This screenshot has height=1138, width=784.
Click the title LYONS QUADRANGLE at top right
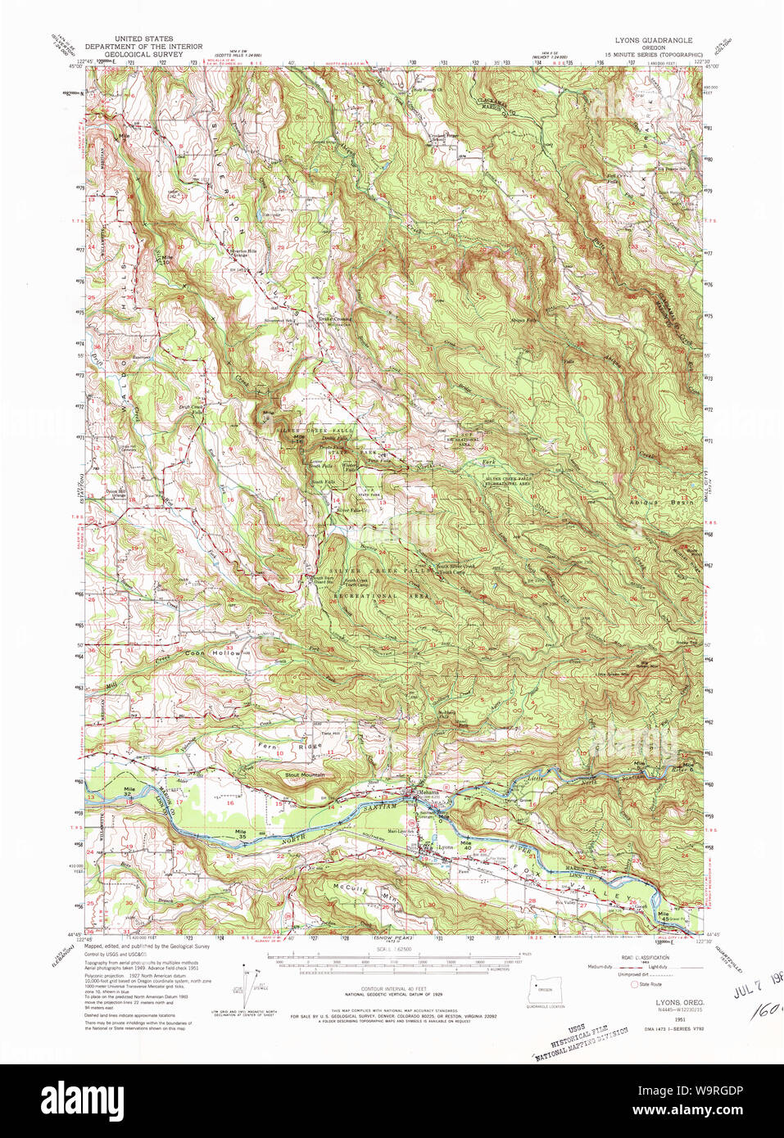653,39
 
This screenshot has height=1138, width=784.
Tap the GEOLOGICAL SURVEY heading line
143,55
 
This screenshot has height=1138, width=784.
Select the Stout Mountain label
305,774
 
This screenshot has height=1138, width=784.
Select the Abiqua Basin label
660,501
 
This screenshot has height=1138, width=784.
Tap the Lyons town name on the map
445,847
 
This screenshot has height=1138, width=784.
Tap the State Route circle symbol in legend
634,985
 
